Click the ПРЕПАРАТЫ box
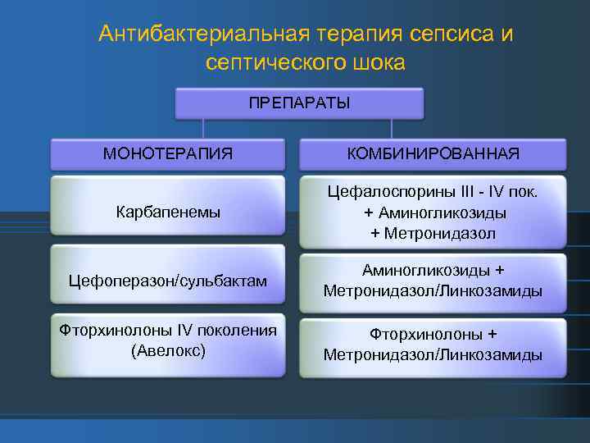299,103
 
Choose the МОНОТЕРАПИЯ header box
167,153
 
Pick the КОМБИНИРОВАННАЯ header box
432,153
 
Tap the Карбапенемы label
168,212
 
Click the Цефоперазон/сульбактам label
168,281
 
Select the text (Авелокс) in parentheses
168,350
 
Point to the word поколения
232,331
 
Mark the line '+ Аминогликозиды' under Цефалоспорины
433,212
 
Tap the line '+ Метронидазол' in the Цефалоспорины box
433,233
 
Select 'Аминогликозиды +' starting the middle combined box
433,271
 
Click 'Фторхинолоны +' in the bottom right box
433,336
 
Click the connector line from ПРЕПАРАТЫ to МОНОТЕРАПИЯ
204,128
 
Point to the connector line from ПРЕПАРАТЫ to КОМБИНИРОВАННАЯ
392,128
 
